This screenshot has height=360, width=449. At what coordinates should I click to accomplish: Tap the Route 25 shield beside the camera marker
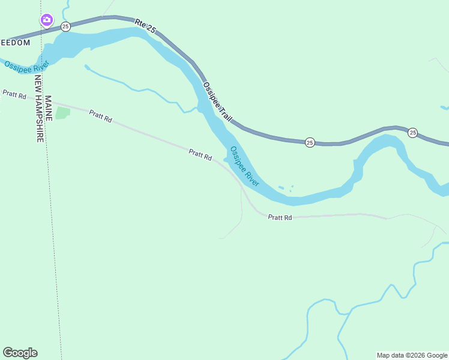(x=65, y=26)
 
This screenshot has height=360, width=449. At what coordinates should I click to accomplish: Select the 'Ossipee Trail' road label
(x=217, y=101)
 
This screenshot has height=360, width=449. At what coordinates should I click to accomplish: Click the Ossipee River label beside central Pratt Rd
(x=244, y=167)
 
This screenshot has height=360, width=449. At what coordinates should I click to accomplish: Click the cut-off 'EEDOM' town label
(x=14, y=43)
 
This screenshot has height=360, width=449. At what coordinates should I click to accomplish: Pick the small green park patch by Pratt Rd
(x=62, y=113)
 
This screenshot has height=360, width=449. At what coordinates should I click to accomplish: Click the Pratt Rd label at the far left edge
(x=14, y=95)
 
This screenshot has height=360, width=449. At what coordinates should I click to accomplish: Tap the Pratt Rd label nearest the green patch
(x=100, y=116)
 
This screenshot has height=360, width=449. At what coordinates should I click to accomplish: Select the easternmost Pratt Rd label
(x=280, y=217)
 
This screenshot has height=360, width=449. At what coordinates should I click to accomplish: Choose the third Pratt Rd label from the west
(x=200, y=155)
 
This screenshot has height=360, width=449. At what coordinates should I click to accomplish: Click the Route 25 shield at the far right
(x=412, y=133)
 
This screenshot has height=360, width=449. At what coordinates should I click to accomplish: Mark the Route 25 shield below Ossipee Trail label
(x=309, y=142)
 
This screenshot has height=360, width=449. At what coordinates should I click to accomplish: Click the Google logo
(x=20, y=353)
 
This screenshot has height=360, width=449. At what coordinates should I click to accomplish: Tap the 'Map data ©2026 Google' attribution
(x=412, y=355)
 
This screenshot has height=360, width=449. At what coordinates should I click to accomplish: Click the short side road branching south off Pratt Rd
(x=240, y=216)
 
